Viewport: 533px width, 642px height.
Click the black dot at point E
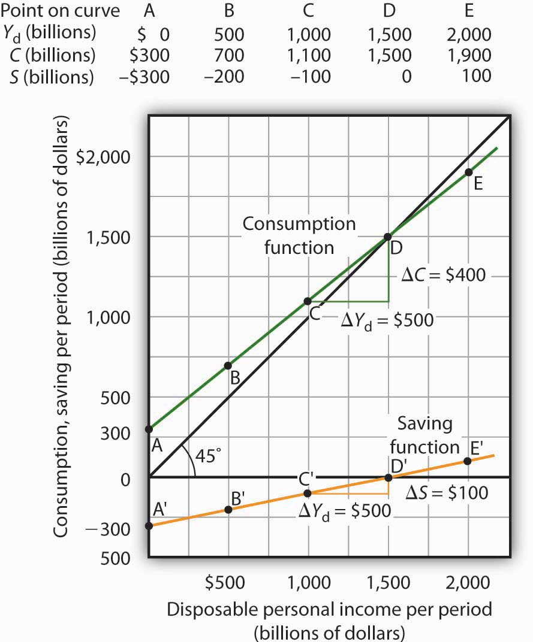(468, 172)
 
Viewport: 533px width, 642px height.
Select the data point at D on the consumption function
(389, 237)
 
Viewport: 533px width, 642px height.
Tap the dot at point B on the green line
(228, 365)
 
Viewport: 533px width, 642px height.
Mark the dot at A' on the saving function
(149, 526)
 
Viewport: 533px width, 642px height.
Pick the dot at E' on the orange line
(468, 461)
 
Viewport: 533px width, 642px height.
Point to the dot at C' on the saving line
(308, 493)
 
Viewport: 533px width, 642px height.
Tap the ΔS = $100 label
(446, 493)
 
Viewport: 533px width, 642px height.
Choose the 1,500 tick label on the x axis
(387, 582)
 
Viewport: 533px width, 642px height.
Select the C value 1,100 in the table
(309, 56)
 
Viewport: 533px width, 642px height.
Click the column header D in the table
(390, 11)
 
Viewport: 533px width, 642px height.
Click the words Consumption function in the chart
(300, 235)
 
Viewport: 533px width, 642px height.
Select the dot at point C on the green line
(308, 301)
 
